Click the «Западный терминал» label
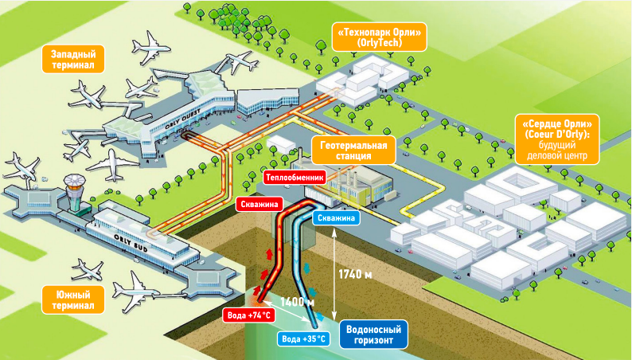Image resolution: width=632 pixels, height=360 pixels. (73, 58)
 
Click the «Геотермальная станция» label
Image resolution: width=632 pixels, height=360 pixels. (354, 151)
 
